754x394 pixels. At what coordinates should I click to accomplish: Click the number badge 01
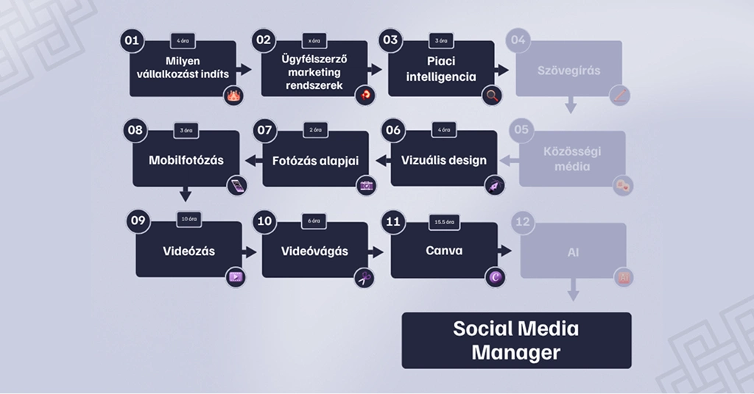pyautogui.click(x=133, y=41)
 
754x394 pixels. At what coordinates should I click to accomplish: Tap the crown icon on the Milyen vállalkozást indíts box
pyautogui.click(x=234, y=96)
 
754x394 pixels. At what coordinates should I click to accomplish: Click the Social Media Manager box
pyautogui.click(x=516, y=340)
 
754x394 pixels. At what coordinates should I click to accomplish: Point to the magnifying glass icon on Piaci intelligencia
pyautogui.click(x=492, y=95)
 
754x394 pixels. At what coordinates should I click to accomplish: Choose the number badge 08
pyautogui.click(x=135, y=130)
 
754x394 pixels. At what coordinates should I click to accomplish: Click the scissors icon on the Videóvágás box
pyautogui.click(x=364, y=277)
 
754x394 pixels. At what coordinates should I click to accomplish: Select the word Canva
pyautogui.click(x=444, y=251)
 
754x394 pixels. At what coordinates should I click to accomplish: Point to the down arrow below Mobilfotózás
pyautogui.click(x=185, y=195)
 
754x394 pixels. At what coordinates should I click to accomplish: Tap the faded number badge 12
pyautogui.click(x=522, y=222)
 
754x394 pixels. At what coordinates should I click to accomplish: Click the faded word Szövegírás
pyautogui.click(x=568, y=71)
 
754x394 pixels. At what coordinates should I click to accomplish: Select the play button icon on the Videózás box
pyautogui.click(x=236, y=277)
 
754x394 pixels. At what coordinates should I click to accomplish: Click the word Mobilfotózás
pyautogui.click(x=186, y=159)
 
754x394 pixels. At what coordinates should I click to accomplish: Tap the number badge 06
pyautogui.click(x=393, y=130)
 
